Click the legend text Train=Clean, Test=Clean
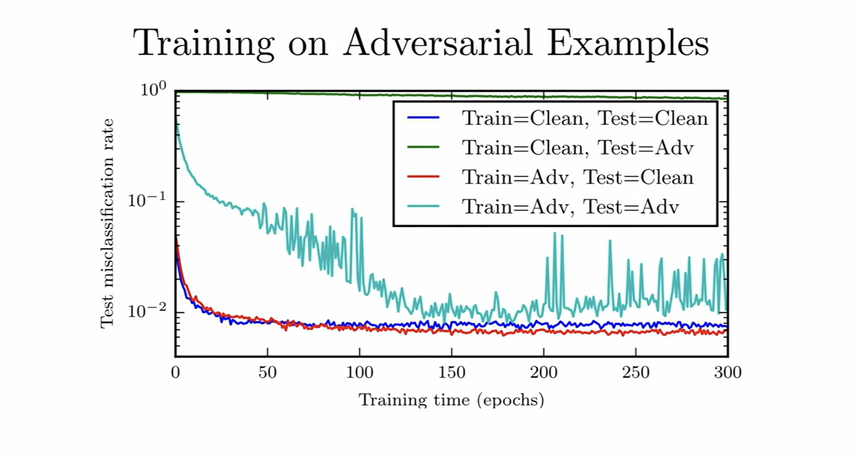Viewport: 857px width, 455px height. pyautogui.click(x=585, y=119)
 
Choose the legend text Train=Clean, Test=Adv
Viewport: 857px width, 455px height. pyautogui.click(x=578, y=148)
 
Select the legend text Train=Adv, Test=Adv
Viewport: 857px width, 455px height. pyautogui.click(x=571, y=207)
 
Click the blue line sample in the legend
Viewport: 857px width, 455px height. pyautogui.click(x=424, y=119)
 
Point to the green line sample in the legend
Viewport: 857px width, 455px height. pyautogui.click(x=424, y=148)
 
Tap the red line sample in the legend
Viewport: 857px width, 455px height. pyautogui.click(x=424, y=177)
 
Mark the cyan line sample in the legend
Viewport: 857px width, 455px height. pyautogui.click(x=424, y=207)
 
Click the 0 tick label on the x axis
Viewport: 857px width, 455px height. pyautogui.click(x=175, y=373)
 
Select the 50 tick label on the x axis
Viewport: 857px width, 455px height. pyautogui.click(x=268, y=373)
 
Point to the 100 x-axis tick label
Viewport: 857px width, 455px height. pyautogui.click(x=359, y=373)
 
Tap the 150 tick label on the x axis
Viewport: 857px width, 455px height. pyautogui.click(x=451, y=373)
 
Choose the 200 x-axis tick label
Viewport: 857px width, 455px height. pyautogui.click(x=544, y=373)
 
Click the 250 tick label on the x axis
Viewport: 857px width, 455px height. pyautogui.click(x=636, y=373)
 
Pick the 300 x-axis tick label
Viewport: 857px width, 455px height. pyautogui.click(x=727, y=373)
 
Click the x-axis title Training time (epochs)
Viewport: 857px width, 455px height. pyautogui.click(x=451, y=400)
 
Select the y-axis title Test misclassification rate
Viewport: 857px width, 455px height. pyautogui.click(x=107, y=223)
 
